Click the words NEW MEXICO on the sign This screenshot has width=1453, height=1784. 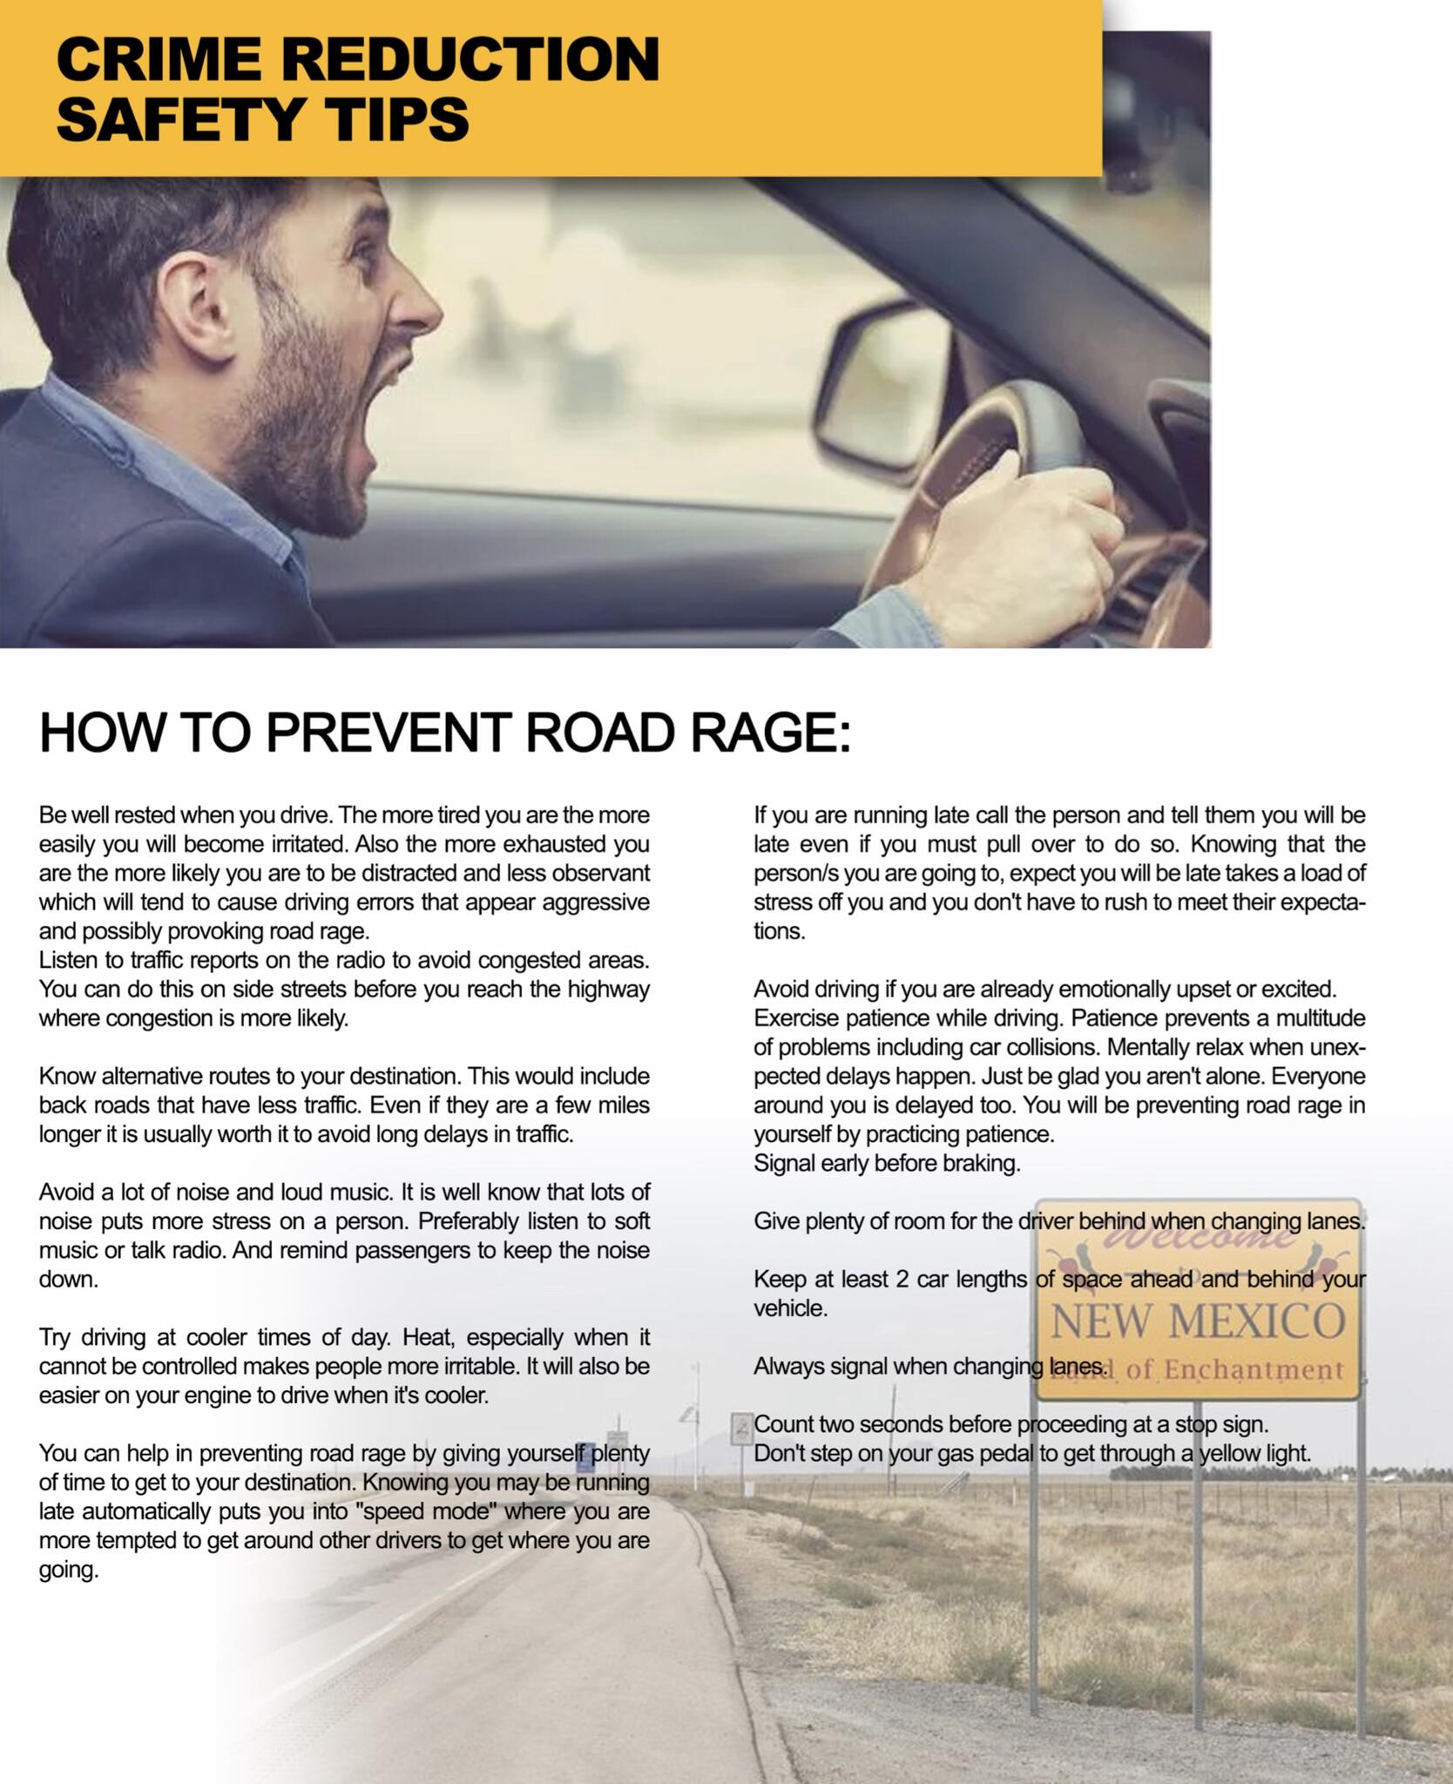coord(1198,1321)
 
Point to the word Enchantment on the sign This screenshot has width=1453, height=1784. coord(1254,1370)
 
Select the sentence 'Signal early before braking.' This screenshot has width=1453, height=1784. coord(886,1163)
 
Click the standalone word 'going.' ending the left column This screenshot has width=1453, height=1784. coord(69,1570)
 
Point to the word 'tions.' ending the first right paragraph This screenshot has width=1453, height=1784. coord(779,931)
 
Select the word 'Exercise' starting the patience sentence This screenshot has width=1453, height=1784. coord(795,1018)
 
